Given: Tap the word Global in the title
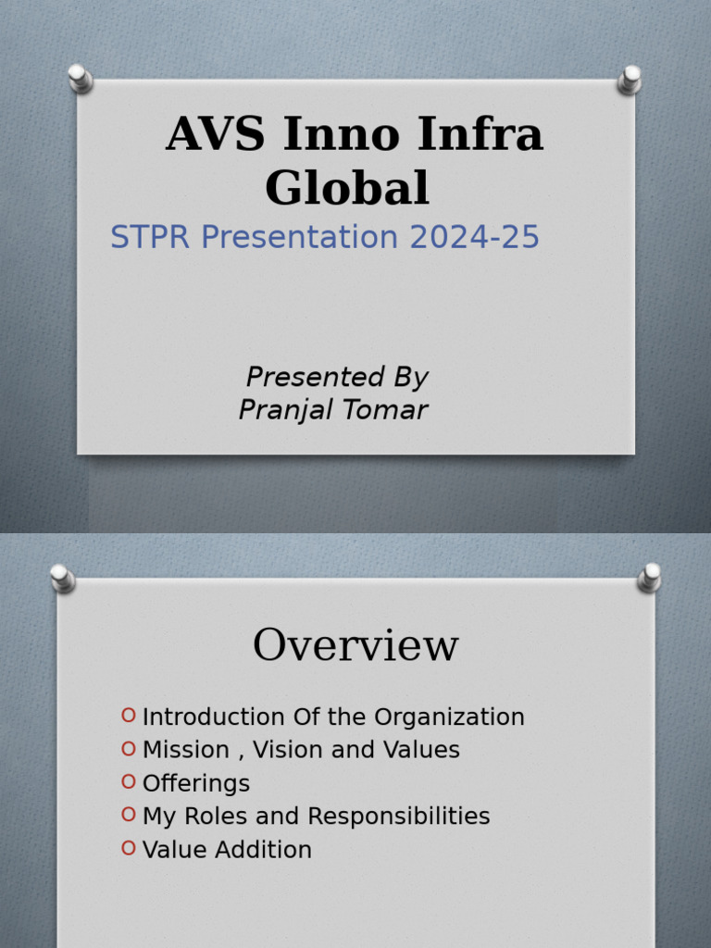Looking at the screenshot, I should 347,188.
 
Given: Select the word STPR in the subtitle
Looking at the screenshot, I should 150,238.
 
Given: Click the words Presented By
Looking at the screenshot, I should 336,378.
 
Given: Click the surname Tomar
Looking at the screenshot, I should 387,410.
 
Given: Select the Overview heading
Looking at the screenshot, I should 355,645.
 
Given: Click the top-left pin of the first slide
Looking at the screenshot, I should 80,78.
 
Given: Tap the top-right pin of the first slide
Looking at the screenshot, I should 630,79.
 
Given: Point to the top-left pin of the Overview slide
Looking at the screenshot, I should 62,578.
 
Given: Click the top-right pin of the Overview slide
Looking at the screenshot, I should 650,578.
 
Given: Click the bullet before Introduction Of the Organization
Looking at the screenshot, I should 129,716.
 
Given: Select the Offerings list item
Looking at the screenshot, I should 195,783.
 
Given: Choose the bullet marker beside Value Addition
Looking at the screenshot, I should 129,848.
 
